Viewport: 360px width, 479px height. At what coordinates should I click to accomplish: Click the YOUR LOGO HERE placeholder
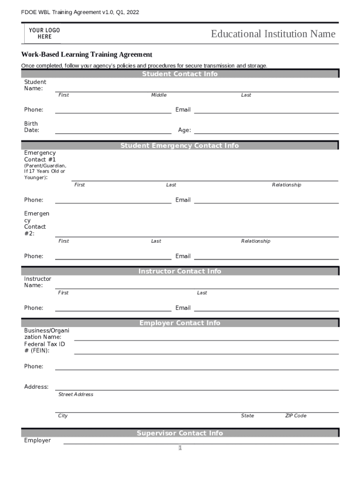(44, 33)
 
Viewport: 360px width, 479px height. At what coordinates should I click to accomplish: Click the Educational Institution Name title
(273, 34)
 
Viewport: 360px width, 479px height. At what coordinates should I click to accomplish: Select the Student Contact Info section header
(180, 74)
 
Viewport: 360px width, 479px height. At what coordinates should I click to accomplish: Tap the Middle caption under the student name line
(158, 95)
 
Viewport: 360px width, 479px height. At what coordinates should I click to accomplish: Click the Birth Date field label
(32, 127)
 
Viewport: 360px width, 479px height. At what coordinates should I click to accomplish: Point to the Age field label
(184, 130)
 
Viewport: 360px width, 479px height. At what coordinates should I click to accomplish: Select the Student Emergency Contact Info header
(180, 145)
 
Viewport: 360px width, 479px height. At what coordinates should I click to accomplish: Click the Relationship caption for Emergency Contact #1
(287, 185)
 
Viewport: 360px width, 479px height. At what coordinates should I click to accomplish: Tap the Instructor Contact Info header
(180, 271)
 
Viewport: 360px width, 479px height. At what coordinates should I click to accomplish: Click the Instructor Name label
(37, 282)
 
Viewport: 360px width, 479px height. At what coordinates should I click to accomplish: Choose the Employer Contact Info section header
(180, 323)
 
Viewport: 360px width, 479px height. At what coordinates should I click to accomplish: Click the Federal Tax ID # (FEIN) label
(44, 347)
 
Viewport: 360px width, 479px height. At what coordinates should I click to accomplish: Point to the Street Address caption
(76, 394)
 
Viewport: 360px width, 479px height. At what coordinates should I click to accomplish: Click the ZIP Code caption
(296, 415)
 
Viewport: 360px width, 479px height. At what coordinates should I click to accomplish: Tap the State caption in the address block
(247, 415)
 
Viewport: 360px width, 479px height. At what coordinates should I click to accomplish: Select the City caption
(63, 415)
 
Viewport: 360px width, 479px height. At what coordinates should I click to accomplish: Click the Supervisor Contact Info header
(180, 433)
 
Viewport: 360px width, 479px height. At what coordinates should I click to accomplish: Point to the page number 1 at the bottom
(180, 448)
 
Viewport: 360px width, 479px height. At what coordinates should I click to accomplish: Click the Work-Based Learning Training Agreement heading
(86, 55)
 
